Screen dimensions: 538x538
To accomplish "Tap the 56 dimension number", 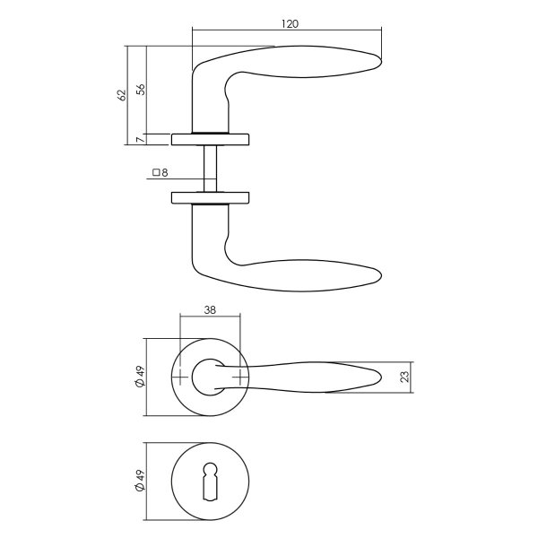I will pyautogui.click(x=140, y=89).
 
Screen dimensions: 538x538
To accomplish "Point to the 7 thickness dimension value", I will pyautogui.click(x=140, y=138).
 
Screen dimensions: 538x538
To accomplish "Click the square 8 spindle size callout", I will pyautogui.click(x=161, y=172).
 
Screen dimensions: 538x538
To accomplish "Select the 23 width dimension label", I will pyautogui.click(x=404, y=377).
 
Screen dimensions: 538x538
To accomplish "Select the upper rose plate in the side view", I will pyautogui.click(x=211, y=138).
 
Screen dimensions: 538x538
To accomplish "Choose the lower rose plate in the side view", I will pyautogui.click(x=211, y=197).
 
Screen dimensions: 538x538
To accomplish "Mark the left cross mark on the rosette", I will pyautogui.click(x=183, y=377).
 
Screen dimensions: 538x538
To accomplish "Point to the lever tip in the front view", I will pyautogui.click(x=381, y=377).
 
